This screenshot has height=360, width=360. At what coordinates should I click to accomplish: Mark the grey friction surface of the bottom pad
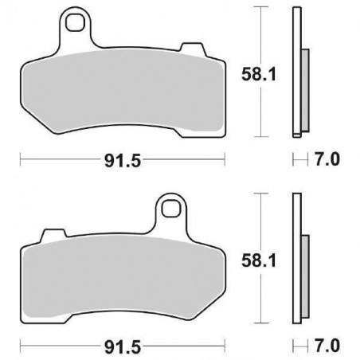119,275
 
